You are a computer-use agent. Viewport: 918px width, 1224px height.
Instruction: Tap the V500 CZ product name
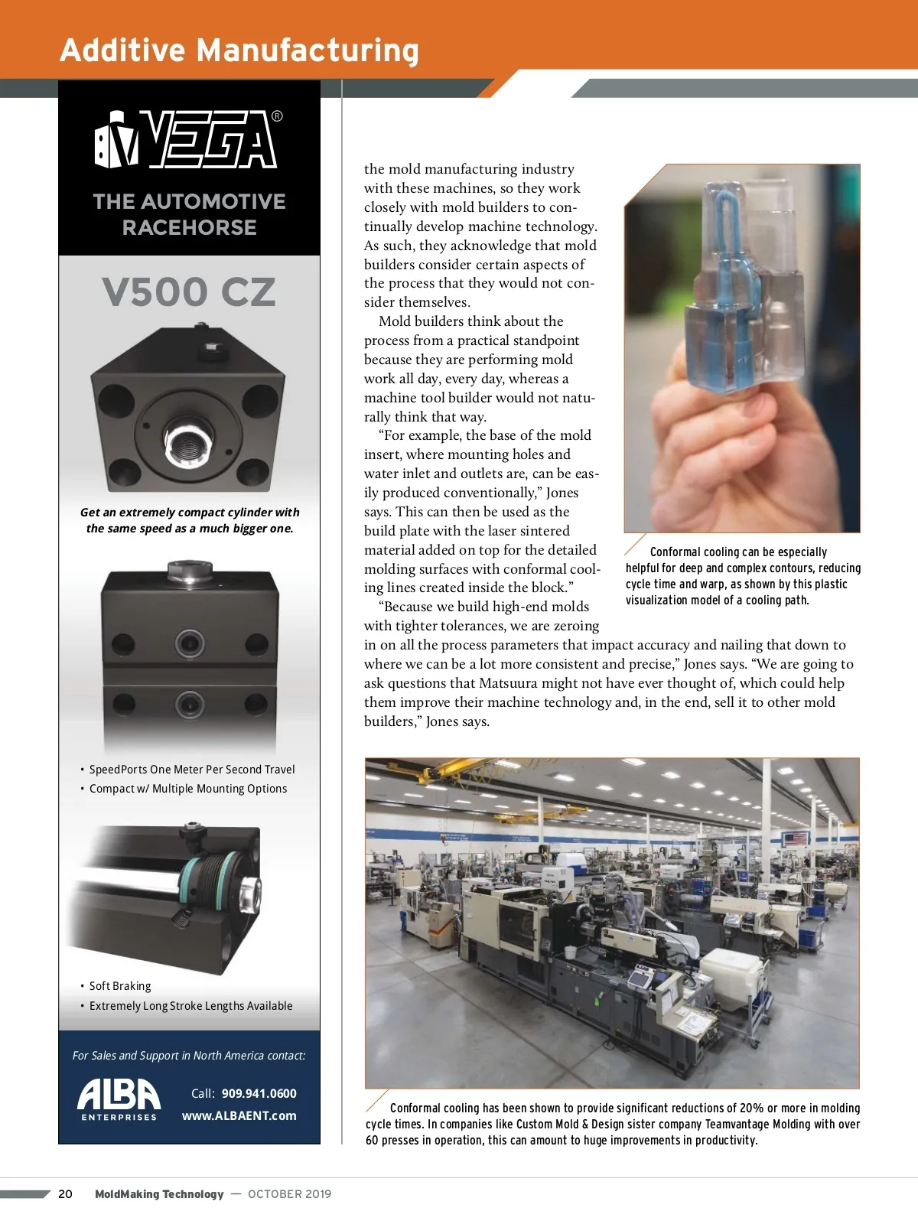pyautogui.click(x=188, y=292)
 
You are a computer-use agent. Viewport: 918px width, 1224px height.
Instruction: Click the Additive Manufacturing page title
pyautogui.click(x=239, y=50)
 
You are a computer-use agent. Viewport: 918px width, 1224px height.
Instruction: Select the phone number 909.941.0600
pyautogui.click(x=259, y=1093)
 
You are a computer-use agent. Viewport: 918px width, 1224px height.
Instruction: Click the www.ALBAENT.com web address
pyautogui.click(x=239, y=1115)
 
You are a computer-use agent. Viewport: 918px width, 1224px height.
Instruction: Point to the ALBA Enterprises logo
pyautogui.click(x=119, y=1099)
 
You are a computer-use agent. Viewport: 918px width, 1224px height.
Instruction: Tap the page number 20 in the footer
pyautogui.click(x=66, y=1194)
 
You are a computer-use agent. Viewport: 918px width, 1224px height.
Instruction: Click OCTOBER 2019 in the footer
pyautogui.click(x=289, y=1194)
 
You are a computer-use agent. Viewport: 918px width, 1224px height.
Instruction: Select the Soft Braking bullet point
pyautogui.click(x=119, y=986)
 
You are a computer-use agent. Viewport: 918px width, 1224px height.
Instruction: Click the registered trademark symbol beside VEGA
pyautogui.click(x=277, y=116)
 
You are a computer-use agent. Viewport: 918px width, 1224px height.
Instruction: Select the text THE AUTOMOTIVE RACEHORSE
pyautogui.click(x=189, y=214)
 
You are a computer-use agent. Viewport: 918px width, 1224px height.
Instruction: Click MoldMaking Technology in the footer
pyautogui.click(x=159, y=1194)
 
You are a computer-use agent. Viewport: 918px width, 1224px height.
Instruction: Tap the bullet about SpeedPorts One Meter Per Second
pyautogui.click(x=191, y=770)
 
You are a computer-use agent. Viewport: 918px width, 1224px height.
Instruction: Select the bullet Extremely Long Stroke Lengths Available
pyautogui.click(x=190, y=1006)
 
